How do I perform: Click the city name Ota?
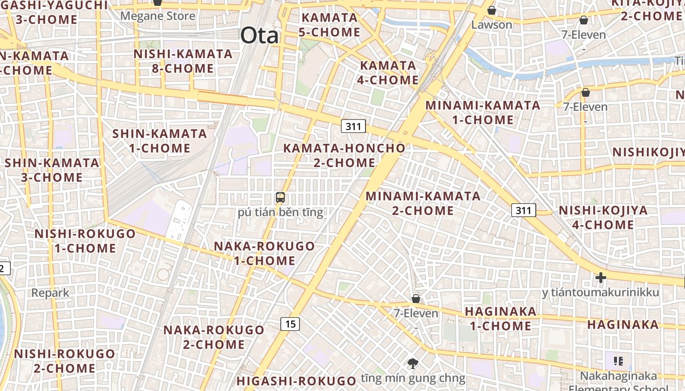click(259, 36)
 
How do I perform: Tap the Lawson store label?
click(492, 24)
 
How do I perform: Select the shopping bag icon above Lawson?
click(492, 10)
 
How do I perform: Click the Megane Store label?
click(158, 16)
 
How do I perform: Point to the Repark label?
click(50, 293)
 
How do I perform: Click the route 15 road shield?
click(291, 324)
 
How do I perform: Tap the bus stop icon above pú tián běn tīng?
click(280, 198)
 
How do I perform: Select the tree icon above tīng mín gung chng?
click(413, 363)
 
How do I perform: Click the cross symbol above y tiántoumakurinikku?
click(600, 278)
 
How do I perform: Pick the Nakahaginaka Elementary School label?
click(618, 381)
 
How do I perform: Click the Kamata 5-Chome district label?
click(330, 25)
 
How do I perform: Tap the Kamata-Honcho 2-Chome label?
click(344, 155)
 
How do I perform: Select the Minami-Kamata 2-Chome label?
click(423, 203)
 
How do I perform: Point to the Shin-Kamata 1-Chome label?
click(160, 141)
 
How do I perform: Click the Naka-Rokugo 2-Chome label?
click(214, 337)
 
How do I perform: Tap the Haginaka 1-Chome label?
click(501, 319)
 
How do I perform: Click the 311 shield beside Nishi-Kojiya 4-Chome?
click(524, 211)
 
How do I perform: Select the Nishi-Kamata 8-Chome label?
click(183, 61)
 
